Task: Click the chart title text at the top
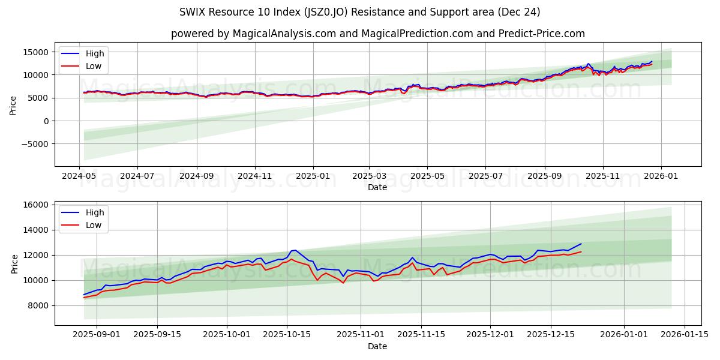tap(360, 12)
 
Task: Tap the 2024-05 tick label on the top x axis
tap(79, 176)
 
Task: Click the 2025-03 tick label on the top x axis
tap(369, 176)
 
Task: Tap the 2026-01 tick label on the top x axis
tap(661, 176)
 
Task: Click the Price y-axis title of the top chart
tap(13, 104)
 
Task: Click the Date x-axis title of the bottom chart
tap(377, 346)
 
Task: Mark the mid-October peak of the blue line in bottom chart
tap(295, 250)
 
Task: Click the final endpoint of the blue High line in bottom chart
tap(581, 244)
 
